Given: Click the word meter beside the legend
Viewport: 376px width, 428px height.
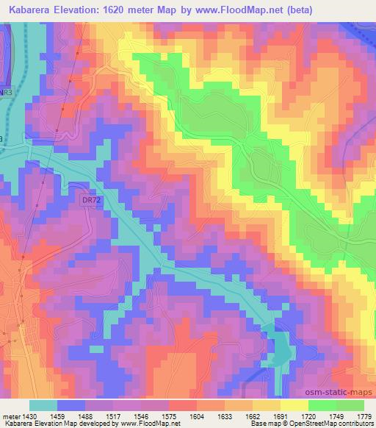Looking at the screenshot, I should point(10,415).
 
